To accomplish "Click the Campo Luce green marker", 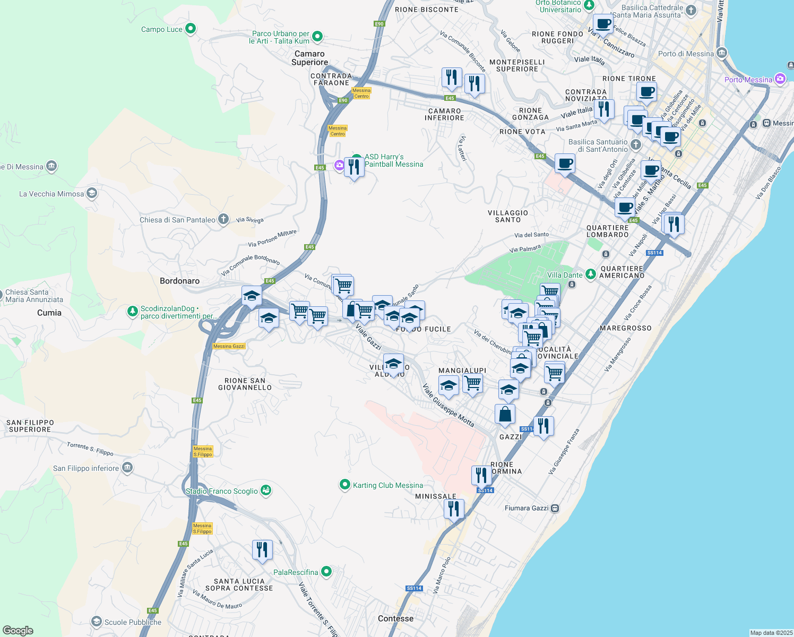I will pos(191,29).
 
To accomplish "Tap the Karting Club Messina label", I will pos(387,485).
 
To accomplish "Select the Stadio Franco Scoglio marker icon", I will pos(266,490).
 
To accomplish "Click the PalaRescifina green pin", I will pos(326,572).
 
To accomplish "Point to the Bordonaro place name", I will pos(179,281).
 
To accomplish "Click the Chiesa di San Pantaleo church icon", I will pos(223,219).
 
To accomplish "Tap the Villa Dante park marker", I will pos(591,274).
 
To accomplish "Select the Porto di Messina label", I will pos(686,54).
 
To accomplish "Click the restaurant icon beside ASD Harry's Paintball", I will pos(354,167).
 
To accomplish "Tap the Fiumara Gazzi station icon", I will pos(555,508).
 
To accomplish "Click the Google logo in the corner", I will pos(18,630).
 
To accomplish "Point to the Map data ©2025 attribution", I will pos(771,633).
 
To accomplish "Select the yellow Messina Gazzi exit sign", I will pos(229,346).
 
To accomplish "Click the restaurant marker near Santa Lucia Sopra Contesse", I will pos(262,550).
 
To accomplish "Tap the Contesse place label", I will pos(395,618).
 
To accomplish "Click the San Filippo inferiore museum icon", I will pos(127,468).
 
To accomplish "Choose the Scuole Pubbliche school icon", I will pos(96,621).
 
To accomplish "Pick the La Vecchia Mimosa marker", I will pos(92,193).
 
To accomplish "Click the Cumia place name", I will pos(49,313).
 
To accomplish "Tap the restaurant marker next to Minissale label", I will pos(454,509).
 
